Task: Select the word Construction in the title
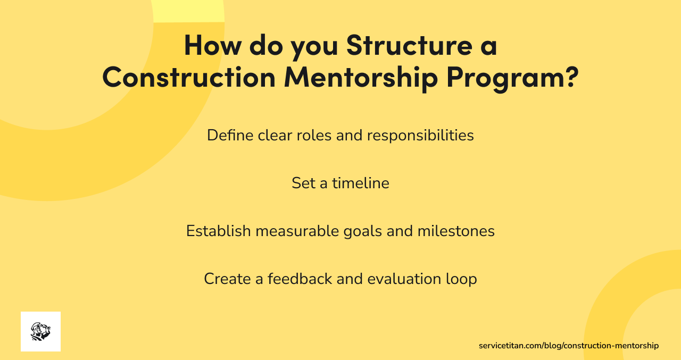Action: [188, 77]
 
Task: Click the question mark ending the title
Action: [569, 77]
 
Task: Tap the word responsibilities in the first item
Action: [420, 136]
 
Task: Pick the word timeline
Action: [361, 183]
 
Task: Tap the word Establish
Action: [218, 231]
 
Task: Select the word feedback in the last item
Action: [300, 279]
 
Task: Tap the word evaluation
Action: [404, 279]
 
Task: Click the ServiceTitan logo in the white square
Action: [40, 331]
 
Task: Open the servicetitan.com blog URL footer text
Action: [568, 346]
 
